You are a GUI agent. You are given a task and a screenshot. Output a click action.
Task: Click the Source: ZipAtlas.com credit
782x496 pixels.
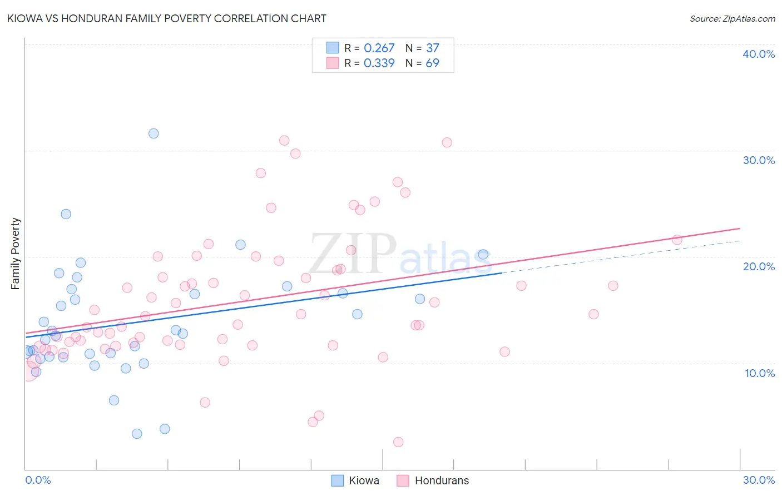click(732, 18)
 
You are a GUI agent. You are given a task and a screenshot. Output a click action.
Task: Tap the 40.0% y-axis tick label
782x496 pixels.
click(759, 54)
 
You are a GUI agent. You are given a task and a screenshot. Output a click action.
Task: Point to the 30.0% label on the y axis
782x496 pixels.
click(759, 160)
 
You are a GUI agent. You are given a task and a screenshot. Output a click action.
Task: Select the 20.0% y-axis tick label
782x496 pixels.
click(759, 266)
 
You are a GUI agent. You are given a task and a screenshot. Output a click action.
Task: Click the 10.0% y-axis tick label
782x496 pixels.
click(759, 373)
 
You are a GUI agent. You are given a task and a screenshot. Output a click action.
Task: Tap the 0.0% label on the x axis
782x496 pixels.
click(38, 480)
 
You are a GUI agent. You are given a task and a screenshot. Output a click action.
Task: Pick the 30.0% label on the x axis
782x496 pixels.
click(759, 480)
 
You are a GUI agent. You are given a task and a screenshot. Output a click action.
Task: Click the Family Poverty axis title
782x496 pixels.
click(16, 254)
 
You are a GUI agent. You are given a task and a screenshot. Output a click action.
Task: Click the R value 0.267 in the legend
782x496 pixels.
click(379, 48)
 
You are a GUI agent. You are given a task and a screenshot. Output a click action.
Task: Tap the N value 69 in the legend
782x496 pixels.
click(432, 63)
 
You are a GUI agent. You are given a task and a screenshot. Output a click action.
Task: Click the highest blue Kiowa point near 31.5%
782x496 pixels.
click(154, 133)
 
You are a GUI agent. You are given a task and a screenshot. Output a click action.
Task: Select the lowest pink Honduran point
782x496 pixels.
click(398, 442)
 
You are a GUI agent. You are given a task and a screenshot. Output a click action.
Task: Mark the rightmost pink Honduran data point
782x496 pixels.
click(677, 240)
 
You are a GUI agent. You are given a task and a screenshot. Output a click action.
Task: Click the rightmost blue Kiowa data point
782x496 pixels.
click(483, 254)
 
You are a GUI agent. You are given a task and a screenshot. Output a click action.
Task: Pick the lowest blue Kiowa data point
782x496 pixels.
click(137, 434)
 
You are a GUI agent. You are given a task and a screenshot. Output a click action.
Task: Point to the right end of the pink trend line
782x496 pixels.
click(740, 229)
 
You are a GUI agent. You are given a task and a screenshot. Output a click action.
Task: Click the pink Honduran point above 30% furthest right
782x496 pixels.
click(447, 142)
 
